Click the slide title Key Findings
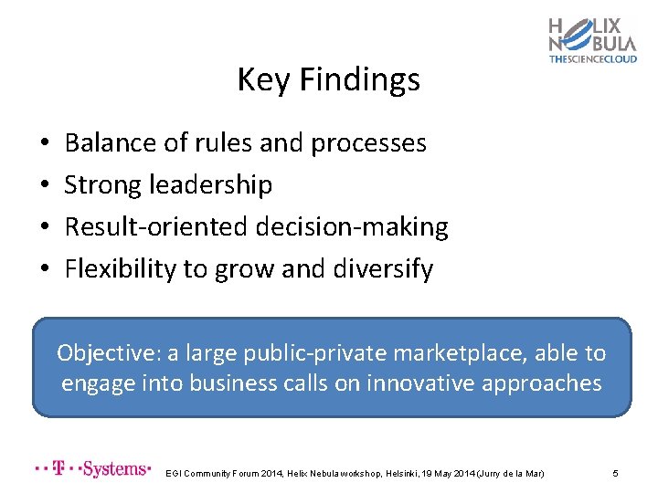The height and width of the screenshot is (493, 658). pyautogui.click(x=328, y=80)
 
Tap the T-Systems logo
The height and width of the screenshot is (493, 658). pyautogui.click(x=91, y=469)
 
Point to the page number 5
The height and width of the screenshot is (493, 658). pyautogui.click(x=616, y=473)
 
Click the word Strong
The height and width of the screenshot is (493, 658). pyautogui.click(x=102, y=185)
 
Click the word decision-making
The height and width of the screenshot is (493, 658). pyautogui.click(x=353, y=227)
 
